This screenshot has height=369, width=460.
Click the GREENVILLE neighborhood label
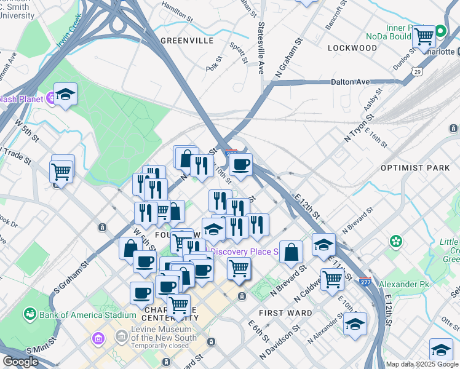click(x=186, y=41)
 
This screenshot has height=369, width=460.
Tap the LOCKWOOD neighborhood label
click(x=352, y=47)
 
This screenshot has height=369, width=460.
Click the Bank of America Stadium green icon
click(x=29, y=315)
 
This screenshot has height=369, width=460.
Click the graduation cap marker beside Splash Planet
click(x=65, y=94)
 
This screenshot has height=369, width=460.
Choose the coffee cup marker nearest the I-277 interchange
click(x=240, y=164)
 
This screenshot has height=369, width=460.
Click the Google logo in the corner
click(x=20, y=362)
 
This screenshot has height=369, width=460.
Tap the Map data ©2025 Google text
click(x=422, y=364)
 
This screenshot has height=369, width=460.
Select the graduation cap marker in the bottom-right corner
click(x=441, y=349)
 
